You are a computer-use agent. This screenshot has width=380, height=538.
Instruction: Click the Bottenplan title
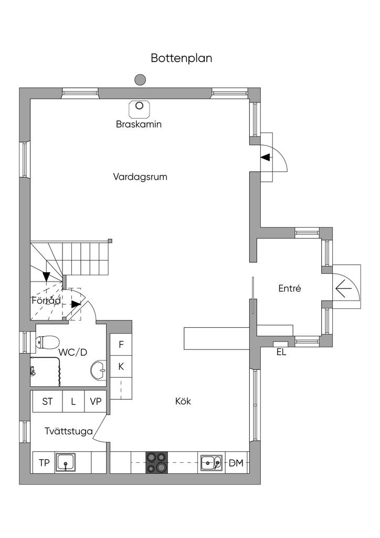click(181, 58)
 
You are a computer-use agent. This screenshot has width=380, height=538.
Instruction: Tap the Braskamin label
click(139, 124)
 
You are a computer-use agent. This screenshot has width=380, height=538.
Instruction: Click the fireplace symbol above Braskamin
click(139, 109)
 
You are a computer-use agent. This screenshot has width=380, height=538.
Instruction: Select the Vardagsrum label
click(140, 177)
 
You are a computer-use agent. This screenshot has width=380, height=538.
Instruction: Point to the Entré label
click(290, 288)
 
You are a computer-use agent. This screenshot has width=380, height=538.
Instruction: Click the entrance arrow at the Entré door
click(343, 288)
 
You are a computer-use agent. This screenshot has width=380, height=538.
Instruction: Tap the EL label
click(281, 352)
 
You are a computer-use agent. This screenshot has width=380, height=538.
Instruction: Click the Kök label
click(183, 401)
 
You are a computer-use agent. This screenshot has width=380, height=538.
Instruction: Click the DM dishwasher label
click(236, 463)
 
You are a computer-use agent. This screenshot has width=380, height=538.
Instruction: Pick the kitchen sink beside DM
click(212, 463)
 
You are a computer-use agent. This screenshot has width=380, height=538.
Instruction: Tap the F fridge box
click(121, 345)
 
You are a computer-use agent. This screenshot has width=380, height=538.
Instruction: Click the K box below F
click(121, 366)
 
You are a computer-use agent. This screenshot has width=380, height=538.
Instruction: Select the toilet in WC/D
click(47, 342)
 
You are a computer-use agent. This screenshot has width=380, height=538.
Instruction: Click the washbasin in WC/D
click(99, 370)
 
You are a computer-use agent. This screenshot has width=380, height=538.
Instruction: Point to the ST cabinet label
click(47, 401)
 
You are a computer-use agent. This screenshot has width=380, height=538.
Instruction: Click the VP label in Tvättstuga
click(96, 401)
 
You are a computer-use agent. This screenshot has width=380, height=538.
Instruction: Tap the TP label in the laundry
click(44, 463)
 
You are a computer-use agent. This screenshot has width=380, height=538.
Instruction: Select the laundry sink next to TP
click(66, 462)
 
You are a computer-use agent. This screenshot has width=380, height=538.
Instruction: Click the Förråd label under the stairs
click(46, 301)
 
